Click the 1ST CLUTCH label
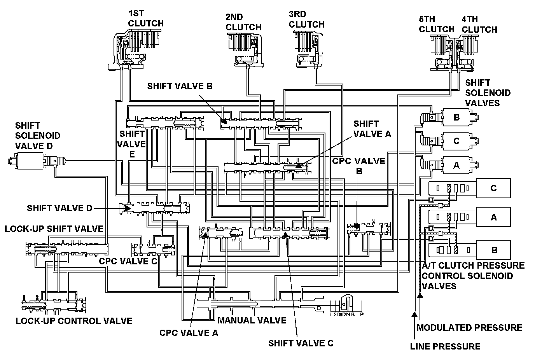pos(145,18)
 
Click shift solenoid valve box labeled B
pos(457,117)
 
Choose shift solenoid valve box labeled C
pos(457,141)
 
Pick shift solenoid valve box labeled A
pos(457,165)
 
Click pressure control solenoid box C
pos(493,189)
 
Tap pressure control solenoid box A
pos(493,217)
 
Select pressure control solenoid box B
pos(494,250)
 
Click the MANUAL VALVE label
pos(252,321)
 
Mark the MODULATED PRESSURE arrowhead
pos(420,296)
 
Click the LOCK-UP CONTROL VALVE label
pos(74,321)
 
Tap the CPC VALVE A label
pos(189,333)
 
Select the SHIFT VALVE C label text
pos(301,343)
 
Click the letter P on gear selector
pos(362,314)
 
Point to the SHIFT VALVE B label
pos(180,86)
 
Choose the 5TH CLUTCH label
pos(436,24)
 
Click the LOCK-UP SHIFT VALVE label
pos(54,229)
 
